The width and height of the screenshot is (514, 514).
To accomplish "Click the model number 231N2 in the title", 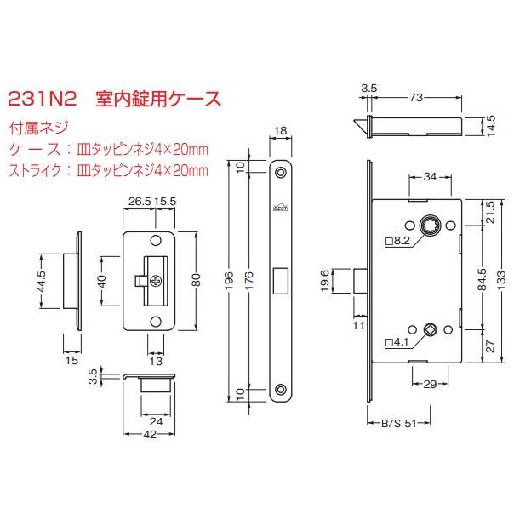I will click(43, 99).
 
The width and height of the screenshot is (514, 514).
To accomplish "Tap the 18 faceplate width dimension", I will click(281, 131).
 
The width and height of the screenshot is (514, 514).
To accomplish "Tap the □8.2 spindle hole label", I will click(398, 243).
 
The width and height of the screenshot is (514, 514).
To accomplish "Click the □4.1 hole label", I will click(398, 343).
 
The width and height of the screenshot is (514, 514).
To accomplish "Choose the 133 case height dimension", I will click(501, 279).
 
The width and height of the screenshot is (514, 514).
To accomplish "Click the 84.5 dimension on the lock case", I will click(483, 279).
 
